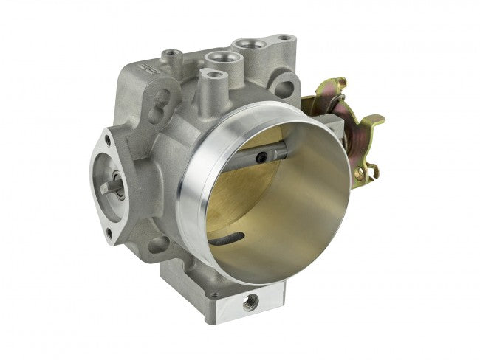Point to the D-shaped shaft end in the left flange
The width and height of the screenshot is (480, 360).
click(112, 187)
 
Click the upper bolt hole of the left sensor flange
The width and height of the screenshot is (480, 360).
click(110, 138)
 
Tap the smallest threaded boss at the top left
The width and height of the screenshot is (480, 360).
click(172, 54)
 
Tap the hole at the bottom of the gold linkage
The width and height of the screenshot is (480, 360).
click(361, 173)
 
